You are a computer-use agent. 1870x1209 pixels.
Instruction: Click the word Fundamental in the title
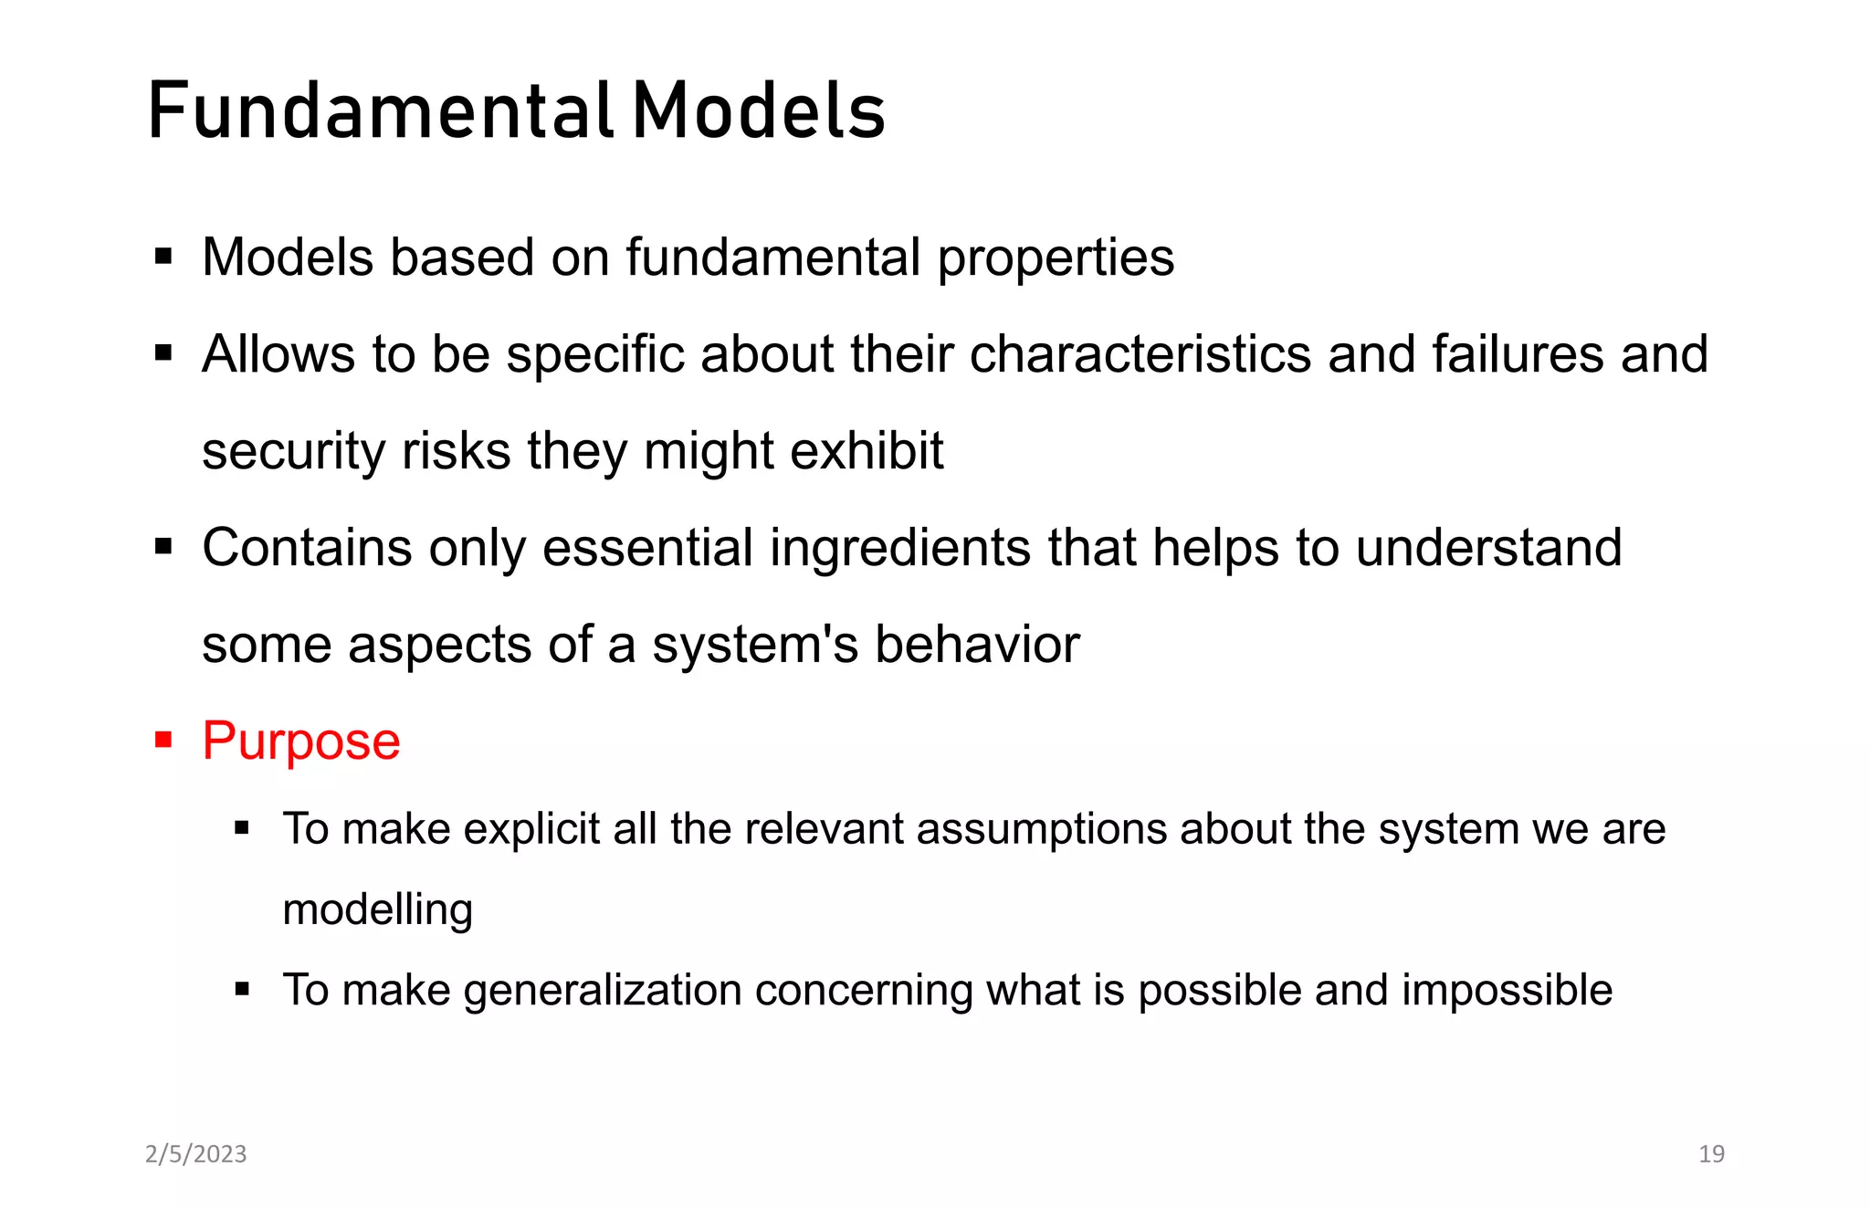coord(380,111)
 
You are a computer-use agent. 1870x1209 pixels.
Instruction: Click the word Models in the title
coord(759,111)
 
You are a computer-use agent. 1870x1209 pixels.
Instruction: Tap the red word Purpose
coord(301,741)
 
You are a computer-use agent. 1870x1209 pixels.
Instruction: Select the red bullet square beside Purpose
coord(163,739)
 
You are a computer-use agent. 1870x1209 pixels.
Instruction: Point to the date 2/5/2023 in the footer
coord(196,1154)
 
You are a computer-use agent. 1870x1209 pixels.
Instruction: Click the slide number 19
coord(1711,1154)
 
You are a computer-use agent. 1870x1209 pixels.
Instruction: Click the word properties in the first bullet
coord(1056,258)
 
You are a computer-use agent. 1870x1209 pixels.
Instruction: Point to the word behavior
coord(977,645)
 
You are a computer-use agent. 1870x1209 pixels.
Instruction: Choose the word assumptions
coord(1041,829)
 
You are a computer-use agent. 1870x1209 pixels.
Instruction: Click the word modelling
coord(378,909)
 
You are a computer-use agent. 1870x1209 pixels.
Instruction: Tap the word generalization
coord(603,991)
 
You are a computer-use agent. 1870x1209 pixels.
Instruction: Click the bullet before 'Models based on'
coord(163,257)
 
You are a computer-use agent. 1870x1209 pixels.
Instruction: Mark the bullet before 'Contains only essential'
coord(163,547)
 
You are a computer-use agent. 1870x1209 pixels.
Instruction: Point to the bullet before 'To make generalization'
coord(242,989)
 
